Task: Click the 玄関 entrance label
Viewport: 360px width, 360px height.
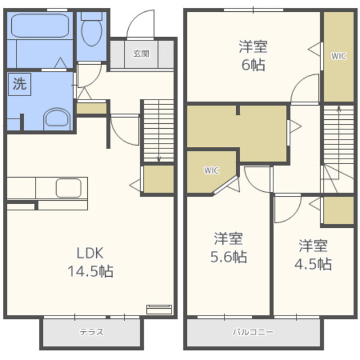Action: coord(141,54)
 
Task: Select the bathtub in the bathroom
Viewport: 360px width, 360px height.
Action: coord(40,25)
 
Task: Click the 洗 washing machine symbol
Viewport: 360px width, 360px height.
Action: coord(20,84)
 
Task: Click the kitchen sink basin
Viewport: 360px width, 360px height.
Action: coord(69,188)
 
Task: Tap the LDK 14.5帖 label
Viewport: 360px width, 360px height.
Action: coord(90,262)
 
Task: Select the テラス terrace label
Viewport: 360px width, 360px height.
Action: coord(92,332)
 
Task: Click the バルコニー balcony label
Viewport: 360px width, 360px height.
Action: coord(253,332)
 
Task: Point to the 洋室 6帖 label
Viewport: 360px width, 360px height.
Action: coord(253,56)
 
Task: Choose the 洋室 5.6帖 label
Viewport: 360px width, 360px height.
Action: coord(229,247)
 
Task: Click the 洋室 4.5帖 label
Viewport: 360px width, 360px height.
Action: coord(313,254)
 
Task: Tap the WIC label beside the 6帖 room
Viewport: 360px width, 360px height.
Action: coord(339,56)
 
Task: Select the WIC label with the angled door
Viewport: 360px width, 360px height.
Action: coord(211,170)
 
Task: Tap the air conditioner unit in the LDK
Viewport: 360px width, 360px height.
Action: coord(159,309)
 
